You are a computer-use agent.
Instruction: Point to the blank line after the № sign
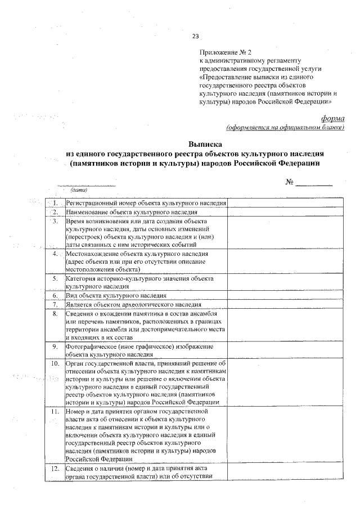point(314,184)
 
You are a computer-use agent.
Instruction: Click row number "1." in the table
point(55,202)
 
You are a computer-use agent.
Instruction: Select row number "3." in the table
point(55,221)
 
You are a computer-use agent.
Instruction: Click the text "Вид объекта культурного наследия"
point(116,295)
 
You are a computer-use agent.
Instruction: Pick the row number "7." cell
point(55,304)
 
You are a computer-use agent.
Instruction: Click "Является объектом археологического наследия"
point(133,304)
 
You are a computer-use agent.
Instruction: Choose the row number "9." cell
point(55,346)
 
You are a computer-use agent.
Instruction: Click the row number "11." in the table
point(55,412)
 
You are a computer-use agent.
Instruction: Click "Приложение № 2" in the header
point(224,52)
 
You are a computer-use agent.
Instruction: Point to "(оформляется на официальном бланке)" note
point(285,127)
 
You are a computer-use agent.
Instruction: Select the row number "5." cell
point(55,278)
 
